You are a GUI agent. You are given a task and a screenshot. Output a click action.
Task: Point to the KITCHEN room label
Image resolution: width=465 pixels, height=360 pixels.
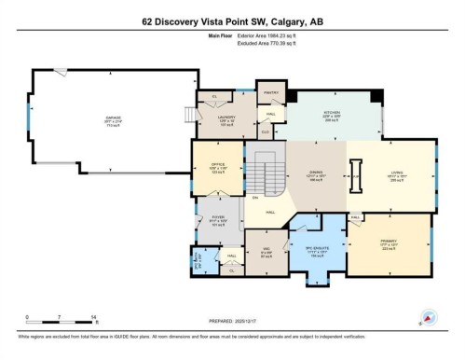pos(333,111)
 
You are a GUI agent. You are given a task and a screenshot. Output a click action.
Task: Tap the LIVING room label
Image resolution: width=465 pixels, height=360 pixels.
pos(397,173)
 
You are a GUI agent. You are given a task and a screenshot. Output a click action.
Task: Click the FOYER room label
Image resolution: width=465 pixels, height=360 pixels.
pos(218,220)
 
